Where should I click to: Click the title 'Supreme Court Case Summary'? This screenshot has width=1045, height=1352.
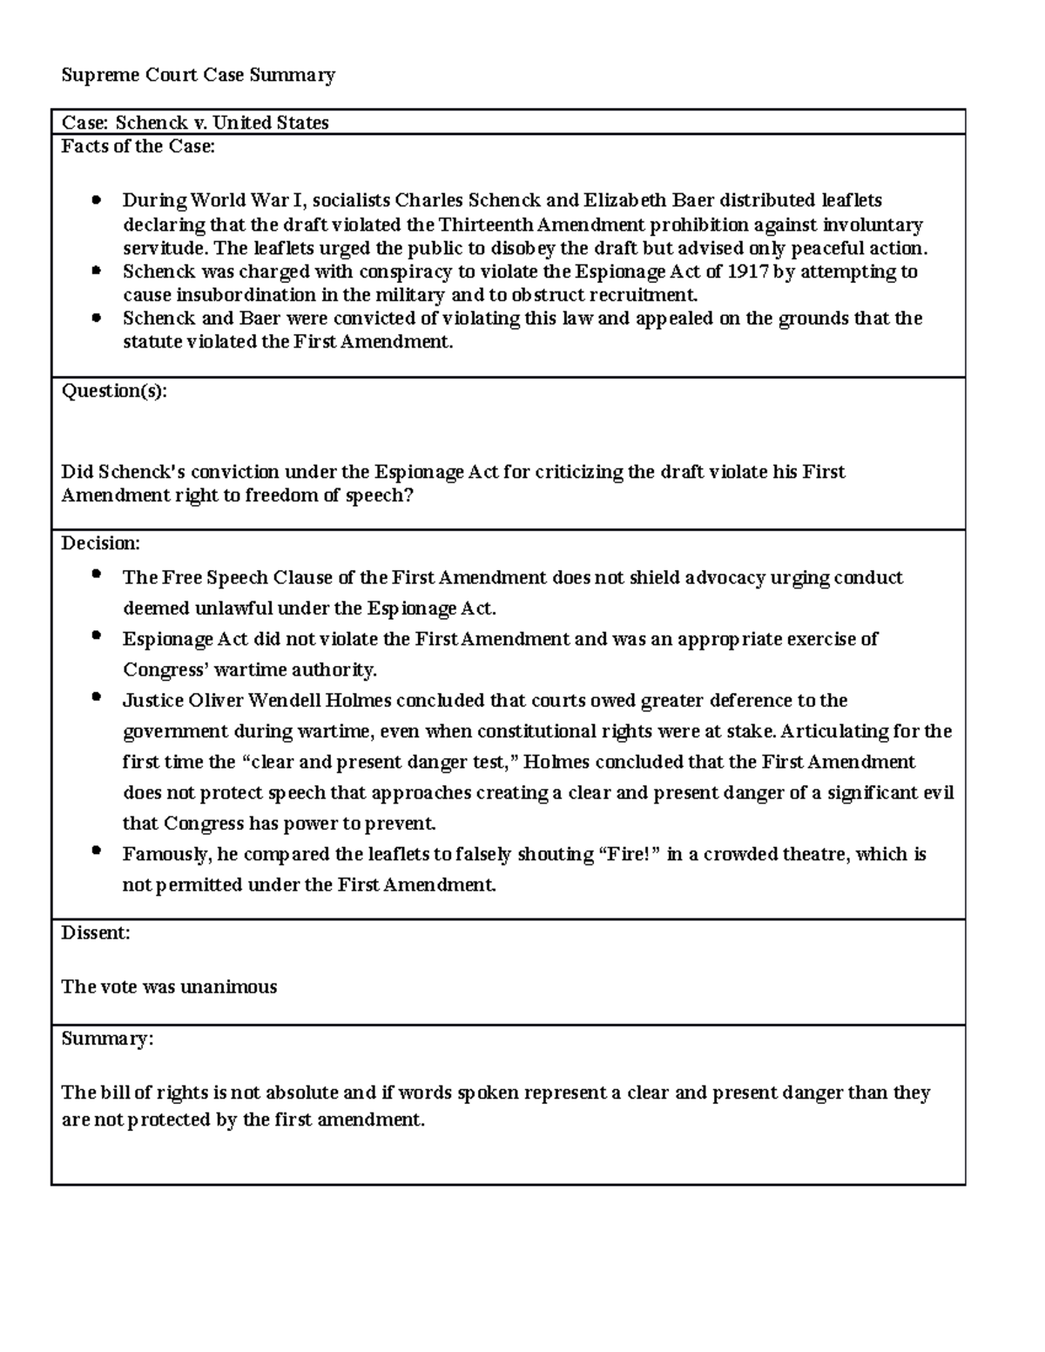[198, 75]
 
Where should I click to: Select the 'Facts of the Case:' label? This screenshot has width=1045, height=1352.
[138, 146]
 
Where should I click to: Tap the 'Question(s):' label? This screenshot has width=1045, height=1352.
[114, 391]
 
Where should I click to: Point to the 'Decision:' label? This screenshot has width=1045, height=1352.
[100, 543]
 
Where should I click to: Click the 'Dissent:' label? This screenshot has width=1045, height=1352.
[96, 933]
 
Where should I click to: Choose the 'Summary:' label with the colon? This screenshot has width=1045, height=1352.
[107, 1039]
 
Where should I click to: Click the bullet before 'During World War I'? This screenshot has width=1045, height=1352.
[97, 201]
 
